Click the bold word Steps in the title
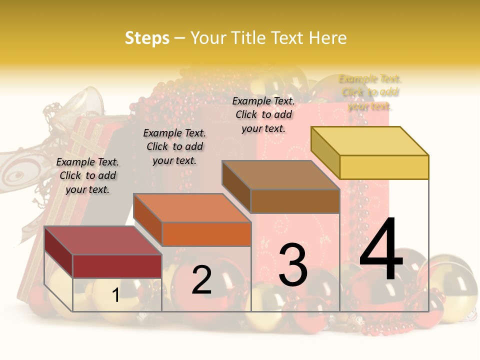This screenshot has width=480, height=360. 147,38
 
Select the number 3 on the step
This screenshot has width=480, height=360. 293,265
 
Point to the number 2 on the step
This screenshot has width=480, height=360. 201,280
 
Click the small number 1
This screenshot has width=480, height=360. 115,295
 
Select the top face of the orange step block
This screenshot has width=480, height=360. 192,208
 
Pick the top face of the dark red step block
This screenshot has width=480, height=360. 103,240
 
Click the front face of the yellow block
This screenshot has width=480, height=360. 384,167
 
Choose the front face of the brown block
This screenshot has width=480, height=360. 295,201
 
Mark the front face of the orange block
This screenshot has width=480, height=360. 206,234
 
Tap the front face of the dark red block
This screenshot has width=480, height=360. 117,266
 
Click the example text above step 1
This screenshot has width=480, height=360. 87,175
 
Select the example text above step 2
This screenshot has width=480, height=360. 174,146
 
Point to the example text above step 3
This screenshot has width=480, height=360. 263,114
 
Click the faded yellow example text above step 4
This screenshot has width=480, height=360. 370,92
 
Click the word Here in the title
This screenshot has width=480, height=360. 328,38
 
